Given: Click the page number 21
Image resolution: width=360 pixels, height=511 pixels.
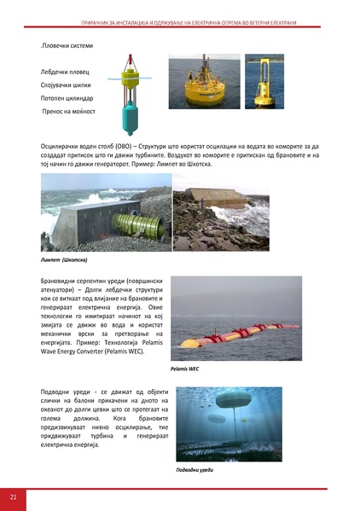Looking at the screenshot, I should coord(14,496).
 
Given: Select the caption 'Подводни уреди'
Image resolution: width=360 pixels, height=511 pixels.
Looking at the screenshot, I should coord(195,468).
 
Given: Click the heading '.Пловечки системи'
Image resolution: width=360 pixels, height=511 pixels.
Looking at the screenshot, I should coord(69,44).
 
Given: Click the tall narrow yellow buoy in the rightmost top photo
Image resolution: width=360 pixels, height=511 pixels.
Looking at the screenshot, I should coord(264,81).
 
